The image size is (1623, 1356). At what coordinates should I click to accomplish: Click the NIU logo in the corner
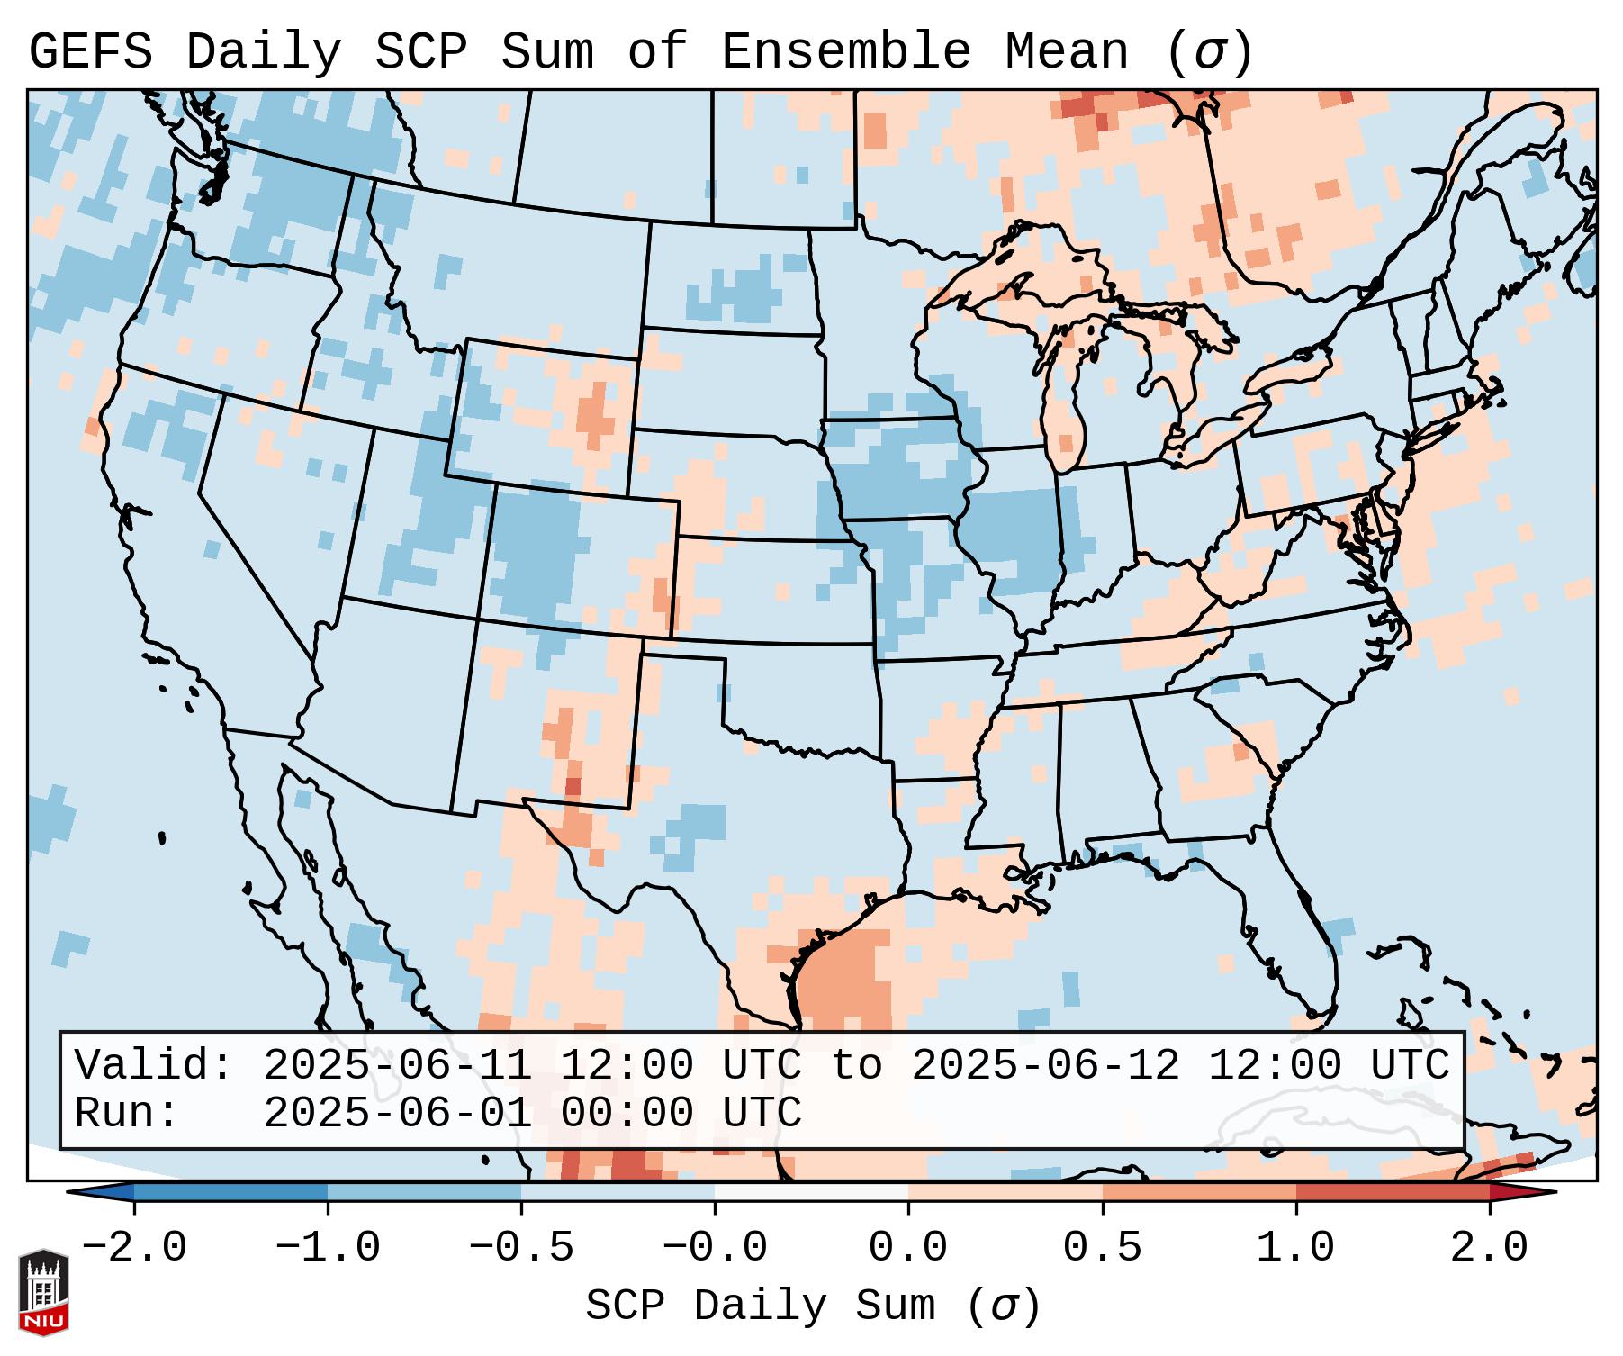tap(43, 1291)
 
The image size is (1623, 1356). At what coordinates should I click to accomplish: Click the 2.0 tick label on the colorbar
tap(1489, 1248)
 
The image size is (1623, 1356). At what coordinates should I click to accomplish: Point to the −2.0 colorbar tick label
tap(134, 1248)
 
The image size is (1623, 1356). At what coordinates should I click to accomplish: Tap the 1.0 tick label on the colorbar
tap(1295, 1248)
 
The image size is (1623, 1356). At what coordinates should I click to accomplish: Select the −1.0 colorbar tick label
tap(328, 1248)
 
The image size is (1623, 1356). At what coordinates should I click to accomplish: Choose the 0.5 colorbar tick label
tap(1102, 1248)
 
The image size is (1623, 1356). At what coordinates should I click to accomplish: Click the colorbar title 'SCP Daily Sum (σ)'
tap(812, 1306)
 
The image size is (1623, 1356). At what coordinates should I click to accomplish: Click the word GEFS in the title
tap(90, 52)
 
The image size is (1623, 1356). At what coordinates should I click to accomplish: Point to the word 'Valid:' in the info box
tap(154, 1065)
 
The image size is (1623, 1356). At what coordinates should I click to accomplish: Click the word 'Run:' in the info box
tap(127, 1113)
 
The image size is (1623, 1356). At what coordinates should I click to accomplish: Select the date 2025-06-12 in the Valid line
tap(1045, 1065)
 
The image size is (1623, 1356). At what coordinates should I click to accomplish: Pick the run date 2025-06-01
tap(397, 1113)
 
